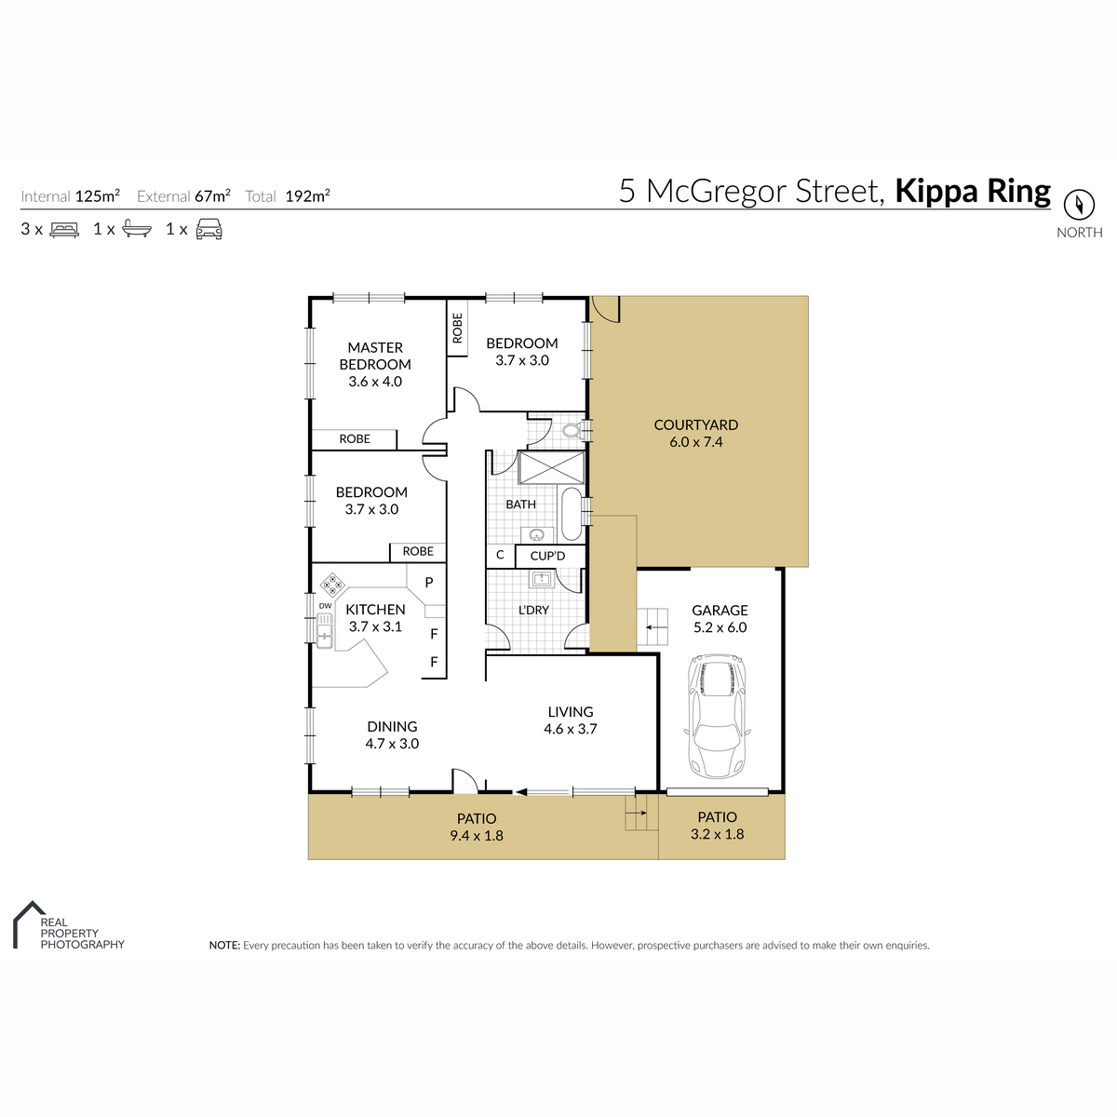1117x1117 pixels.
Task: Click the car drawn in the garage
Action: click(717, 717)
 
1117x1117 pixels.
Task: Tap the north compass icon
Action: click(1079, 205)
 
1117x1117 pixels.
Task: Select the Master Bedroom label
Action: click(375, 364)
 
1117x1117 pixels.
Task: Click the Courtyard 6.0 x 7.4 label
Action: click(695, 433)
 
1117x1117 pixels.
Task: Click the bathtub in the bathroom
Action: click(572, 515)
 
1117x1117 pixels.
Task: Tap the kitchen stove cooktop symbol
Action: click(332, 585)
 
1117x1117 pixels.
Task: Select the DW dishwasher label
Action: click(325, 606)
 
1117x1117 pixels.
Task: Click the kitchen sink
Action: click(324, 631)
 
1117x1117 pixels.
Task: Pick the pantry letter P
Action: click(429, 583)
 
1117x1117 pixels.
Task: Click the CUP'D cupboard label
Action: click(547, 556)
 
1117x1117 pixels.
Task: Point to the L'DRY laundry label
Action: click(533, 610)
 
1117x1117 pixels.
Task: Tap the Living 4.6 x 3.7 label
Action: click(571, 720)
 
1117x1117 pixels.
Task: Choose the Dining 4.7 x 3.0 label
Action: click(392, 735)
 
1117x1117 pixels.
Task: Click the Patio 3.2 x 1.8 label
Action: click(717, 826)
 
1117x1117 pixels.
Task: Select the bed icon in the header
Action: click(64, 230)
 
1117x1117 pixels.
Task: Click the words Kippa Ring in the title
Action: click(973, 191)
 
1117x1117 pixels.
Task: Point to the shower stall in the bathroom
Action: click(551, 467)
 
